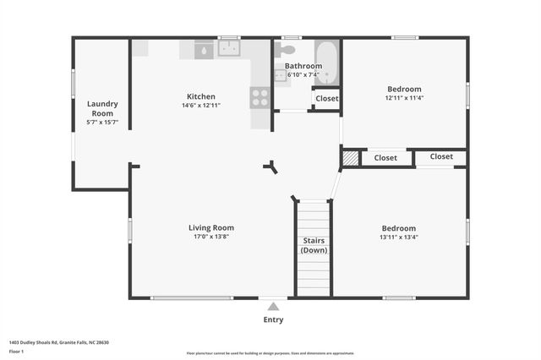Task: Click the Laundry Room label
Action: tap(102, 108)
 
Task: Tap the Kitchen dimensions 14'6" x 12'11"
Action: tap(201, 106)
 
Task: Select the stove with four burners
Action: tap(260, 97)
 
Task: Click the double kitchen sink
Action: tap(229, 49)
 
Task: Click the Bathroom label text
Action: tap(303, 65)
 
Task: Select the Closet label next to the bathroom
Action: tap(326, 99)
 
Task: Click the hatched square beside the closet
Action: tap(350, 157)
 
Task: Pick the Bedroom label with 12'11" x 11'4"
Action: tap(404, 89)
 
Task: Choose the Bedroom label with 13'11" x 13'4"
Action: tap(398, 228)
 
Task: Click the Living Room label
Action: tap(210, 227)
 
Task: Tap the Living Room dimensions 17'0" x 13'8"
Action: tap(210, 237)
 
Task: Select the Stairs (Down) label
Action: tap(314, 245)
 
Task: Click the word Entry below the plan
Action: tap(273, 319)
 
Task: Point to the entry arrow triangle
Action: tap(273, 307)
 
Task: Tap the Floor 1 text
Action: tap(16, 351)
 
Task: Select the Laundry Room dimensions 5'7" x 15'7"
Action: tap(102, 123)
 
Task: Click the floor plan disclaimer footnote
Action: tap(270, 352)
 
